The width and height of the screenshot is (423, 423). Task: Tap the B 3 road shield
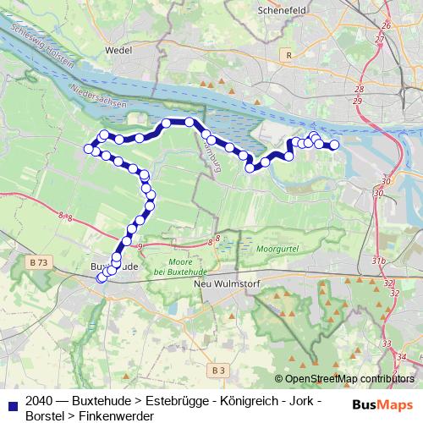218,370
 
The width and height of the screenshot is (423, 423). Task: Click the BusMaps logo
382,404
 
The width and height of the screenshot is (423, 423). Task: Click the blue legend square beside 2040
12,405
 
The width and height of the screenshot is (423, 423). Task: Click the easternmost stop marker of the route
334,146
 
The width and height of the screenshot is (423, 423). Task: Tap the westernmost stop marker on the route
88,149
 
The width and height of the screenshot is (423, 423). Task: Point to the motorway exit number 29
358,101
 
